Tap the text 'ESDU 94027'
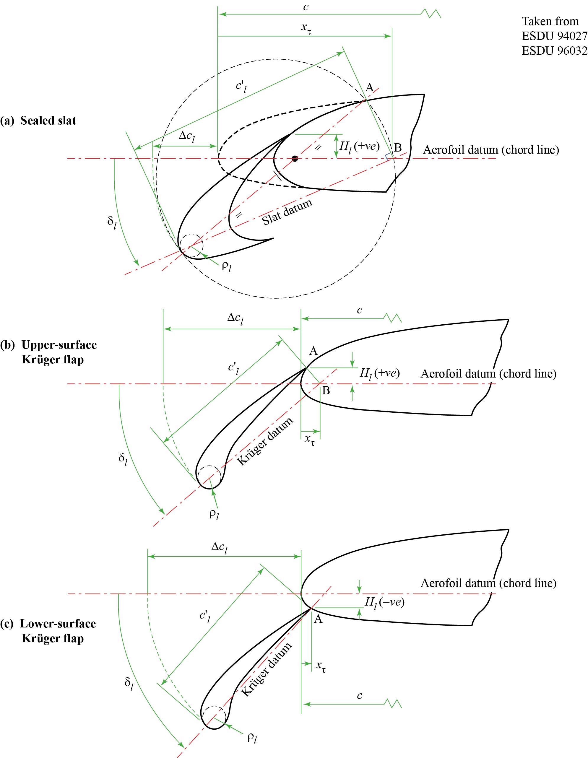point(554,36)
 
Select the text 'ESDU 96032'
point(554,51)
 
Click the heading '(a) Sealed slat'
point(38,121)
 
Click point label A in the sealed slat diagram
point(370,87)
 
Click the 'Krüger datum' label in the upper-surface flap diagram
point(265,441)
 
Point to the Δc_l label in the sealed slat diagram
point(187,137)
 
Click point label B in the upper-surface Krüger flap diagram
point(326,391)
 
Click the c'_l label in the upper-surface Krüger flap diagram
point(233,369)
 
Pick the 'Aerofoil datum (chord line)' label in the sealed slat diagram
point(491,150)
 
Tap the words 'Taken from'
point(550,21)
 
